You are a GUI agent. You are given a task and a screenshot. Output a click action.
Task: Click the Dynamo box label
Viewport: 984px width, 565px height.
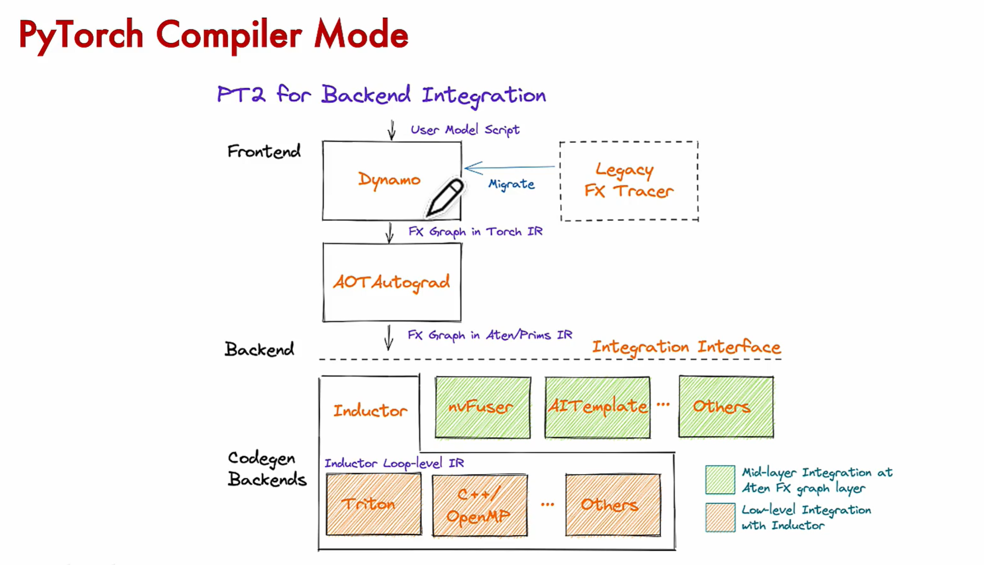(389, 180)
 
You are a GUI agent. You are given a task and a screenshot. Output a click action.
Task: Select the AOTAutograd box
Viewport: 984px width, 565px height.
(392, 282)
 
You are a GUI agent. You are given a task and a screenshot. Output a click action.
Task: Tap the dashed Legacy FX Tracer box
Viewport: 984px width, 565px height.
(629, 181)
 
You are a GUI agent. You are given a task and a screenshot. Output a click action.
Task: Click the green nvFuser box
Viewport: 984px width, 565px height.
(483, 407)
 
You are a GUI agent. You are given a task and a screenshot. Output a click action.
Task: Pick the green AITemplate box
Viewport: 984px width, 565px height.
(597, 407)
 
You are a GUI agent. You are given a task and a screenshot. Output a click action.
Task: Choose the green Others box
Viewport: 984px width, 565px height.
(726, 407)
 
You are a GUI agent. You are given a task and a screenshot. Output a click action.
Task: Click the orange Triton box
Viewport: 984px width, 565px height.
(374, 504)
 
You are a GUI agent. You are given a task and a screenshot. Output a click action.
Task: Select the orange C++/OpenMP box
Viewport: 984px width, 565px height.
(480, 505)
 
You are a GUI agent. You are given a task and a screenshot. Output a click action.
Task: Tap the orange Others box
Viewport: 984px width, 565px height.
(613, 505)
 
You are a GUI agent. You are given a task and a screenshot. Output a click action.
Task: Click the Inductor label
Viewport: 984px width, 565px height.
(370, 411)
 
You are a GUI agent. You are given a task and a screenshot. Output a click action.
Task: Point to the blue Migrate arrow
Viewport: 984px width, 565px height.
(510, 167)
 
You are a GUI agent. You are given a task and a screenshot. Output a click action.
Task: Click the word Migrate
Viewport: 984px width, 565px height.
(511, 184)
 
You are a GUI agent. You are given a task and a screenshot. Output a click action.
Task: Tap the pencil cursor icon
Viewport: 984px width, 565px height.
(445, 197)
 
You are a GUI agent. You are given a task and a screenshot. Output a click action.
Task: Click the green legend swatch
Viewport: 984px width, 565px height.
(720, 479)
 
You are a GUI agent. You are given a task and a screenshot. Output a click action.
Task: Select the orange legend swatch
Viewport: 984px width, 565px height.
(720, 517)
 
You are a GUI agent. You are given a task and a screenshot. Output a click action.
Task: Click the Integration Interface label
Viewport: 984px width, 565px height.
(686, 347)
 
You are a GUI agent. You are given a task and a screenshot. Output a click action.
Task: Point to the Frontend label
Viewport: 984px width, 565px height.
(264, 151)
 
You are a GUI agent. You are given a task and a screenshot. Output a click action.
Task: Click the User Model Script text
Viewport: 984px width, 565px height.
(465, 130)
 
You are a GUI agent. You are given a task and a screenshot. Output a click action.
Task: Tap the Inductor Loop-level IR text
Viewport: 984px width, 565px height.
(394, 463)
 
